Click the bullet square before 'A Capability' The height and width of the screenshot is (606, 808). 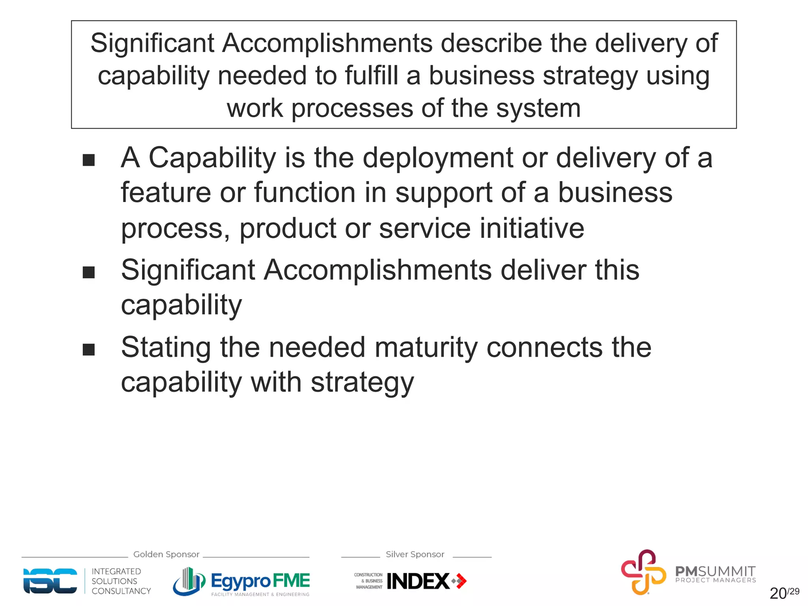coord(89,160)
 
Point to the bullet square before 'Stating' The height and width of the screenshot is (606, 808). coord(89,350)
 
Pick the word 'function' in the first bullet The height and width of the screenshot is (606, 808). coord(305,193)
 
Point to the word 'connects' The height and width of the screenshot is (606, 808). coord(544,348)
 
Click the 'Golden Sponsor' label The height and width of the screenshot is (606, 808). coord(166,554)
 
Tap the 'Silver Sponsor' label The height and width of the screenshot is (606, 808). coord(415,554)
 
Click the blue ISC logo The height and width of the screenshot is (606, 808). coord(50,581)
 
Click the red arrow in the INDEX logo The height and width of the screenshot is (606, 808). coord(460,581)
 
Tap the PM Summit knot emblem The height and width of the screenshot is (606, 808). coord(643,572)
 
